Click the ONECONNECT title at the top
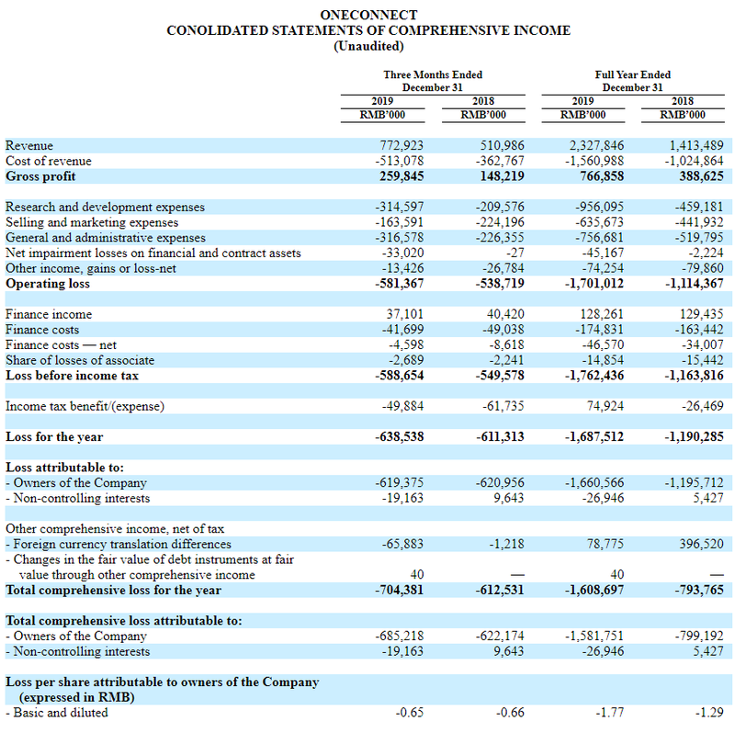[x=368, y=15]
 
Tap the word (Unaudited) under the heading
[x=368, y=46]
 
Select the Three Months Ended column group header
[x=433, y=81]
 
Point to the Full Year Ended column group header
[x=633, y=81]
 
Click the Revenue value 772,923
[x=401, y=146]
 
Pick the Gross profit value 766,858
[x=602, y=176]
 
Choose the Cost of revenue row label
[x=49, y=162]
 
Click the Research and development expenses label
[x=105, y=208]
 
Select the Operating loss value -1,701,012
[x=594, y=284]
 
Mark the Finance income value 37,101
[x=405, y=314]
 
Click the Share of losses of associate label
[x=80, y=360]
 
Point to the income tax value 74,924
[x=605, y=406]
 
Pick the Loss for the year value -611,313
[x=500, y=437]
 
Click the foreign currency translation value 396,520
[x=702, y=544]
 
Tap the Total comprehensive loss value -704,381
[x=399, y=590]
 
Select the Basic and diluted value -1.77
[x=610, y=713]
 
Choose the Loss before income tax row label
[x=72, y=376]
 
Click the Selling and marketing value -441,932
[x=699, y=222]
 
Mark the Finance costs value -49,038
[x=503, y=330]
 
